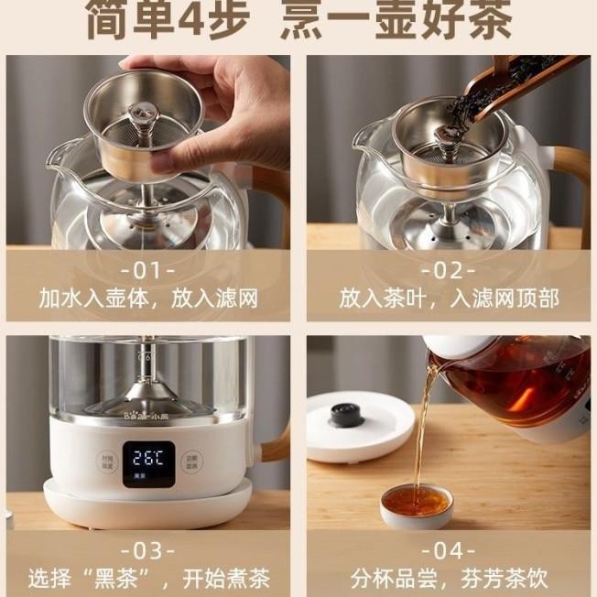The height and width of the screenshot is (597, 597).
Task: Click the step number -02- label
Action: pos(448,271)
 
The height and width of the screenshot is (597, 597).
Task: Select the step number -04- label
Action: pos(448,550)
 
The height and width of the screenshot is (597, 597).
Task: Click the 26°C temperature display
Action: pos(147,458)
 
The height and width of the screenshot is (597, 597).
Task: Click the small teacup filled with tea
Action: pos(417,504)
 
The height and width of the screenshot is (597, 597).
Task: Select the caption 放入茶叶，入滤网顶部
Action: pos(448,298)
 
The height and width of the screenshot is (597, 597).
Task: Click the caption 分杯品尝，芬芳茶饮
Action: pos(448,578)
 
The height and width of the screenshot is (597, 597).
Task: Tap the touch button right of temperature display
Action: pos(191,462)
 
